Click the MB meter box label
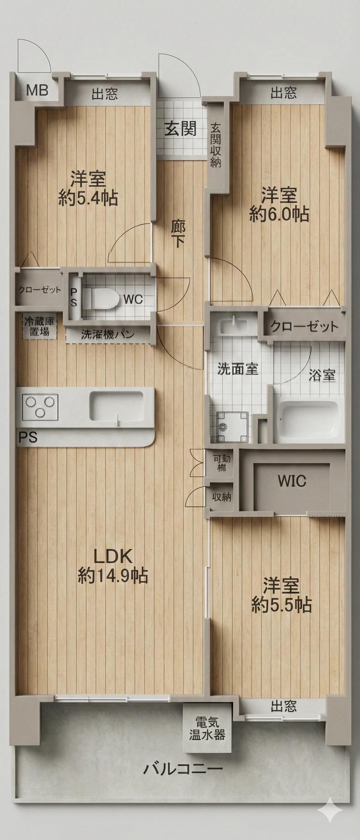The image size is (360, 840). coord(37,90)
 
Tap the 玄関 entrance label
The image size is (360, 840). coord(180,128)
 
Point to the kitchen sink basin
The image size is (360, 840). coord(116,406)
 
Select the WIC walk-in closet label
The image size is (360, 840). coord(292,481)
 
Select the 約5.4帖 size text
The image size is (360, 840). coord(88,198)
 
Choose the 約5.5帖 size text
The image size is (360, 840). coord(282,605)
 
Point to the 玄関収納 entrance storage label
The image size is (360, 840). coord(216,145)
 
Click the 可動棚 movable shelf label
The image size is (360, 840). coord(221,463)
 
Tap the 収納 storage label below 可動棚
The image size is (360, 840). coord(221,497)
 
